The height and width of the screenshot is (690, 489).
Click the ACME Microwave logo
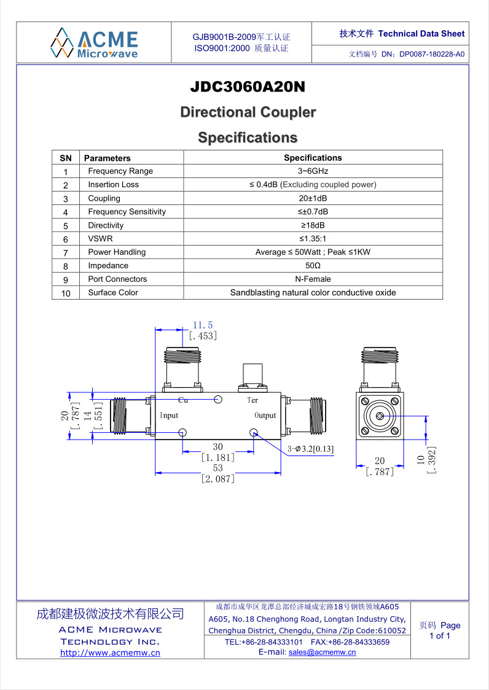94,43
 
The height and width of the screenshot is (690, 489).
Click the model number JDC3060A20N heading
248,87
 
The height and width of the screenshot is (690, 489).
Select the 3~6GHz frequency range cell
313,171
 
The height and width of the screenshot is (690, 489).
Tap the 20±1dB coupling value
313,198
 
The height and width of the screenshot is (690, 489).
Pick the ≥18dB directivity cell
313,225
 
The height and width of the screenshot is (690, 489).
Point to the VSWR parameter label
101,239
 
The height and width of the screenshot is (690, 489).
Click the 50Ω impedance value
313,266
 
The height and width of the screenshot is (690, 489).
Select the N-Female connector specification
313,279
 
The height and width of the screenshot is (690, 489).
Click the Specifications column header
313,158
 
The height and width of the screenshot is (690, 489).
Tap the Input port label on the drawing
169,416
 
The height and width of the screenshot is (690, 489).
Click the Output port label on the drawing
265,416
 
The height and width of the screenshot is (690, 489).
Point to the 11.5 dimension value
203,325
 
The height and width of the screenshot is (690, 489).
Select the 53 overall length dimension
217,467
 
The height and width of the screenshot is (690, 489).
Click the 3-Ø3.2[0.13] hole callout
311,449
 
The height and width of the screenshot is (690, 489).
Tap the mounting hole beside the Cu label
217,399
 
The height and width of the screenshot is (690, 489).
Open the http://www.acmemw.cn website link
110,653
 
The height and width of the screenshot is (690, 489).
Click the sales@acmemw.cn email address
322,652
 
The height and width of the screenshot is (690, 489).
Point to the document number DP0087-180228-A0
432,55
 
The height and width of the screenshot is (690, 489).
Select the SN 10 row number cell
66,293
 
